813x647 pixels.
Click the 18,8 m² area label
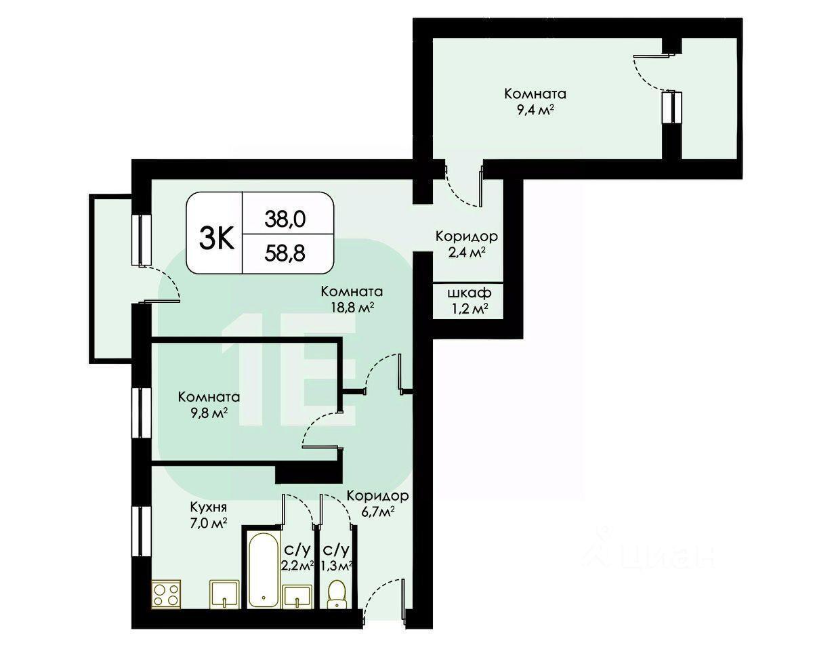pyautogui.click(x=351, y=308)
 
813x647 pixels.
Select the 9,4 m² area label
pyautogui.click(x=535, y=110)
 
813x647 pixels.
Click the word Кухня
pyautogui.click(x=209, y=507)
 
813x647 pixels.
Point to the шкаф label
pyautogui.click(x=469, y=293)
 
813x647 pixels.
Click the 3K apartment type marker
pyautogui.click(x=217, y=238)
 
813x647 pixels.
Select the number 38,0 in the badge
pyautogui.click(x=285, y=220)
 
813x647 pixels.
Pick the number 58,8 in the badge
pyautogui.click(x=285, y=253)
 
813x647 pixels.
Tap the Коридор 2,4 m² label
pyautogui.click(x=467, y=244)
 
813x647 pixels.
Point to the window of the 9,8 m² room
pyautogui.click(x=142, y=413)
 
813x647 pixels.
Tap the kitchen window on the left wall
pyautogui.click(x=142, y=531)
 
